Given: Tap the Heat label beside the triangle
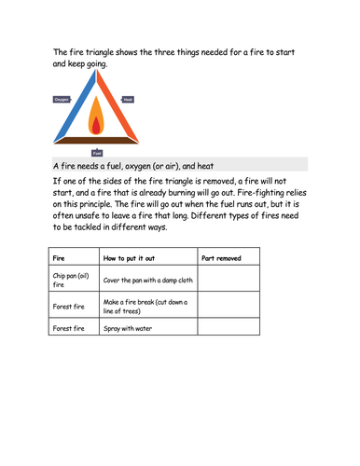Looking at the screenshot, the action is pos(128,99).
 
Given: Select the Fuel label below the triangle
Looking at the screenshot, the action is pos(96,151).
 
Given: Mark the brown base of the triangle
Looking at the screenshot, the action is pos(96,139).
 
